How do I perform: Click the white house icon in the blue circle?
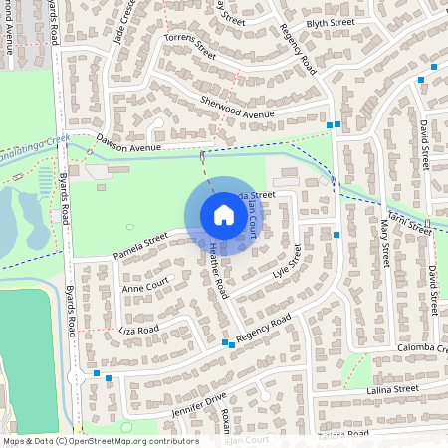point(224,215)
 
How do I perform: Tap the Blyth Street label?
point(330,21)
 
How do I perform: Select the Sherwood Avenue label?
point(236,108)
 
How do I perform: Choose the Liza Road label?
point(139,328)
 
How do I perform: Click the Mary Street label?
point(384,244)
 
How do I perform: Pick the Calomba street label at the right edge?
point(424,349)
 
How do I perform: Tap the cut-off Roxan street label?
point(227,417)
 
